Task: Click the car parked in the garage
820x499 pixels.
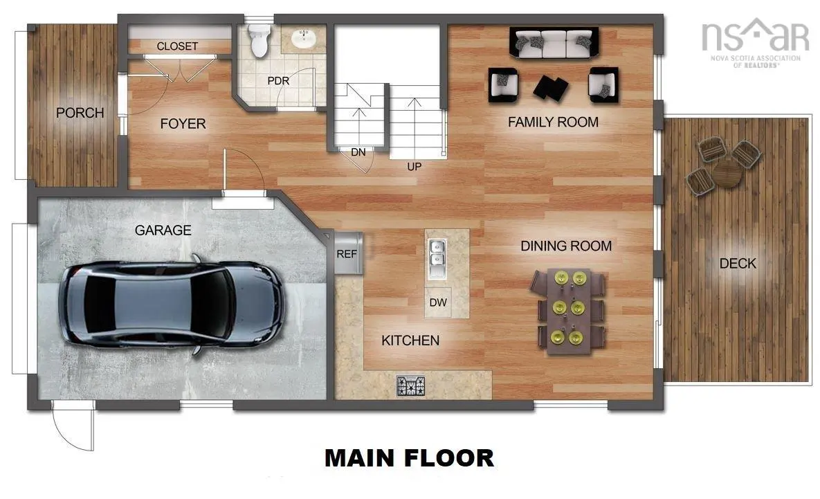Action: click(171, 305)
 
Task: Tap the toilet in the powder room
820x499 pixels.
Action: click(259, 41)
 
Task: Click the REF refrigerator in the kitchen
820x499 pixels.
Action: click(347, 253)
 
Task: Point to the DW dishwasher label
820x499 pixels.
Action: click(438, 302)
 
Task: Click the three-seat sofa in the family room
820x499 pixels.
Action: click(554, 44)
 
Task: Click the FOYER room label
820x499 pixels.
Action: click(183, 124)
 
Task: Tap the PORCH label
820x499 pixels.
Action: click(80, 112)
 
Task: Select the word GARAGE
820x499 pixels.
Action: click(163, 230)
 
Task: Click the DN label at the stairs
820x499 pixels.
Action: click(358, 152)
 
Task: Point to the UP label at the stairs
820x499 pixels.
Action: click(414, 166)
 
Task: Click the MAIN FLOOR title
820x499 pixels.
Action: click(409, 457)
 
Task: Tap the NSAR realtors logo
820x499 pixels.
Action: click(754, 40)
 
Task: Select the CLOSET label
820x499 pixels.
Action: click(177, 46)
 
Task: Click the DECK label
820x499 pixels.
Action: click(737, 264)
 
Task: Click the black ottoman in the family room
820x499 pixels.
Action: click(552, 87)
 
